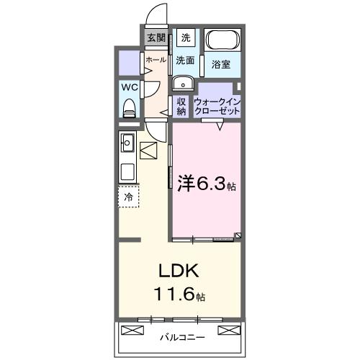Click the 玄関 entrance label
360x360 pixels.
pyautogui.click(x=156, y=37)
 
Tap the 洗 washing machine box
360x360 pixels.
pyautogui.click(x=186, y=37)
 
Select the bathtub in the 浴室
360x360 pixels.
pyautogui.click(x=222, y=41)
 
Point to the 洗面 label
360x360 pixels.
pyautogui.click(x=185, y=60)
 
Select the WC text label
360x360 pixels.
pyautogui.click(x=129, y=87)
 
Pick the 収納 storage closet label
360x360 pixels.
pyautogui.click(x=181, y=106)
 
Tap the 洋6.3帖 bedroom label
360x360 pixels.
pyautogui.click(x=206, y=184)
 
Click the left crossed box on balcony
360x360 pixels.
pyautogui.click(x=134, y=330)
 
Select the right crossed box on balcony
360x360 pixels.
pyautogui.click(x=228, y=330)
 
